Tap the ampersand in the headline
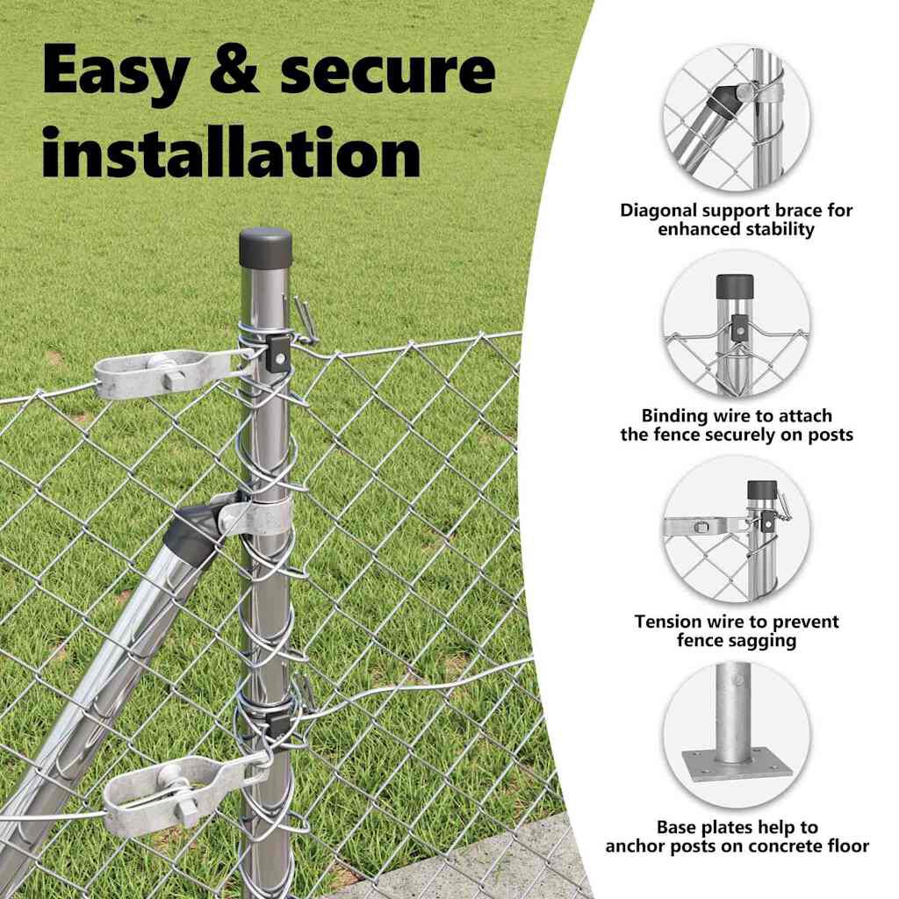point(234,69)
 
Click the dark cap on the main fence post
point(265,247)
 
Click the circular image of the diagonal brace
point(736,119)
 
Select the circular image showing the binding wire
point(736,325)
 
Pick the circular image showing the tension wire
point(736,530)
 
